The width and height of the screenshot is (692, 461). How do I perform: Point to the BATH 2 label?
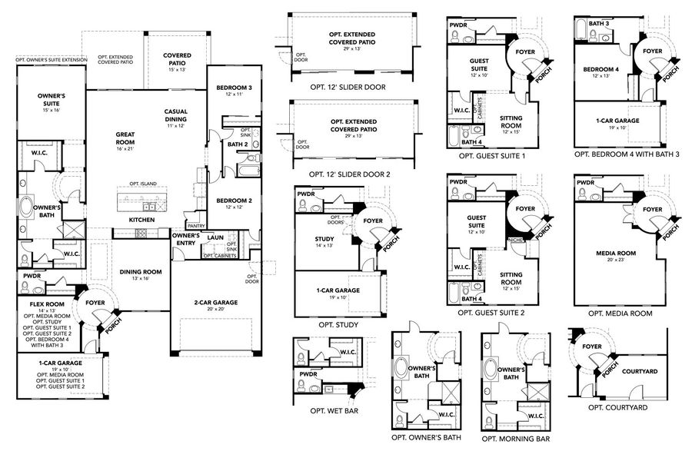[237, 144]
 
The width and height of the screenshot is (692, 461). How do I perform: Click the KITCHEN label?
[141, 220]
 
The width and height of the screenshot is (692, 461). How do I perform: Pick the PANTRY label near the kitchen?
[196, 226]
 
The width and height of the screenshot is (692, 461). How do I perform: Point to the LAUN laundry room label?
[215, 237]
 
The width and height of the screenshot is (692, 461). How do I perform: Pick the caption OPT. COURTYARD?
[617, 407]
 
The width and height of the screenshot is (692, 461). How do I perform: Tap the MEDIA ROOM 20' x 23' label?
[614, 254]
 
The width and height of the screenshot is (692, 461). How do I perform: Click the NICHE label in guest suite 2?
[514, 240]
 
